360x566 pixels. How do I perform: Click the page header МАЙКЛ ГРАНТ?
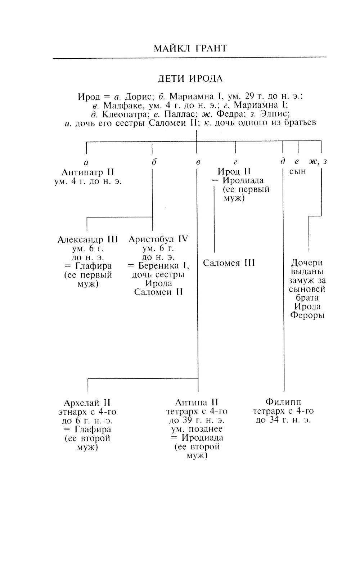coord(190,48)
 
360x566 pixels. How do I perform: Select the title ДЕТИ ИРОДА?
coord(190,78)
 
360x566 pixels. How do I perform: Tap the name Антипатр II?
coord(88,172)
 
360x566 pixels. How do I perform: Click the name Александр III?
coord(88,239)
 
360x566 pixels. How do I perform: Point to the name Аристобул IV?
coord(158,239)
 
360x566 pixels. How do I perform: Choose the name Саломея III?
coord(229,263)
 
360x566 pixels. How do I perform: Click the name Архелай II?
coord(87,403)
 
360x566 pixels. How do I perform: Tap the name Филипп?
coord(283,402)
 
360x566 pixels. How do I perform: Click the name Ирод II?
coord(234,171)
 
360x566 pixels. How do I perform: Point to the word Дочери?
coord(307,263)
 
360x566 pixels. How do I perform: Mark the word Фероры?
coord(307,315)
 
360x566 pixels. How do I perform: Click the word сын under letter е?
coord(298,171)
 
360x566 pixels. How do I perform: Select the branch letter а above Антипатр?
coord(86,162)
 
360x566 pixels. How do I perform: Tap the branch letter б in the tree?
coord(154,162)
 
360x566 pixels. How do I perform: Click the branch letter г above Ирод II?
coord(235,162)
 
